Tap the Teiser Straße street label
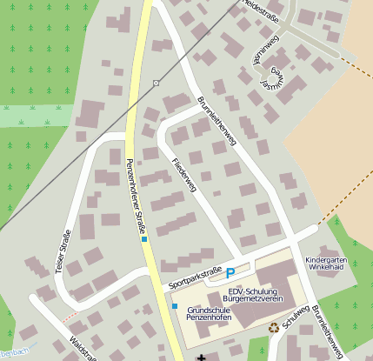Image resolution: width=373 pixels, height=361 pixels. [63, 251]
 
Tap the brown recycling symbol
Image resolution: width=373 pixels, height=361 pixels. [274, 328]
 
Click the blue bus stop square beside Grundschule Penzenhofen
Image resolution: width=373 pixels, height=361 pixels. [175, 306]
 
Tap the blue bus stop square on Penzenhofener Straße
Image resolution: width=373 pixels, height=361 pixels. [145, 238]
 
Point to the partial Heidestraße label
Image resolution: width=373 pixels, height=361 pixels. [261, 6]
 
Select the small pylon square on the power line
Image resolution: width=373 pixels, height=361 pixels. [156, 83]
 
